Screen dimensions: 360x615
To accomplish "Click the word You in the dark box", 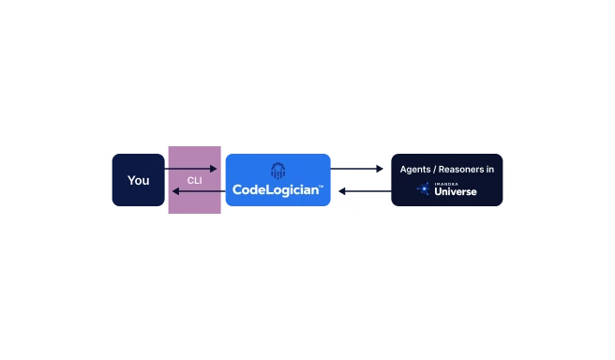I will (x=138, y=180).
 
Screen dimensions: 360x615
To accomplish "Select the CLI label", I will (x=194, y=180).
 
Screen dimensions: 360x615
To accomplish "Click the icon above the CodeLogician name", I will (x=277, y=170).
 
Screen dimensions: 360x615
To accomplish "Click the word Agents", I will (x=416, y=169).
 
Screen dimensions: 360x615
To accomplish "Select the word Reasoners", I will (x=460, y=169).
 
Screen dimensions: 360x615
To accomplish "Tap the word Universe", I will (x=456, y=192).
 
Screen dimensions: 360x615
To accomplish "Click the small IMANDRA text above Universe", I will (x=445, y=184).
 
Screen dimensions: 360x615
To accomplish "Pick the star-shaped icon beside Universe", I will (x=424, y=189).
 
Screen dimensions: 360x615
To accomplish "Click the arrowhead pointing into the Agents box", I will (x=380, y=169).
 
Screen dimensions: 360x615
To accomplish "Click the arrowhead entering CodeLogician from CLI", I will (x=214, y=169).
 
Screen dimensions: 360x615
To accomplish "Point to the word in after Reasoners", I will (x=489, y=169).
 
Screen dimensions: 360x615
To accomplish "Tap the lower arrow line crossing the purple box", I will (x=197, y=191).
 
